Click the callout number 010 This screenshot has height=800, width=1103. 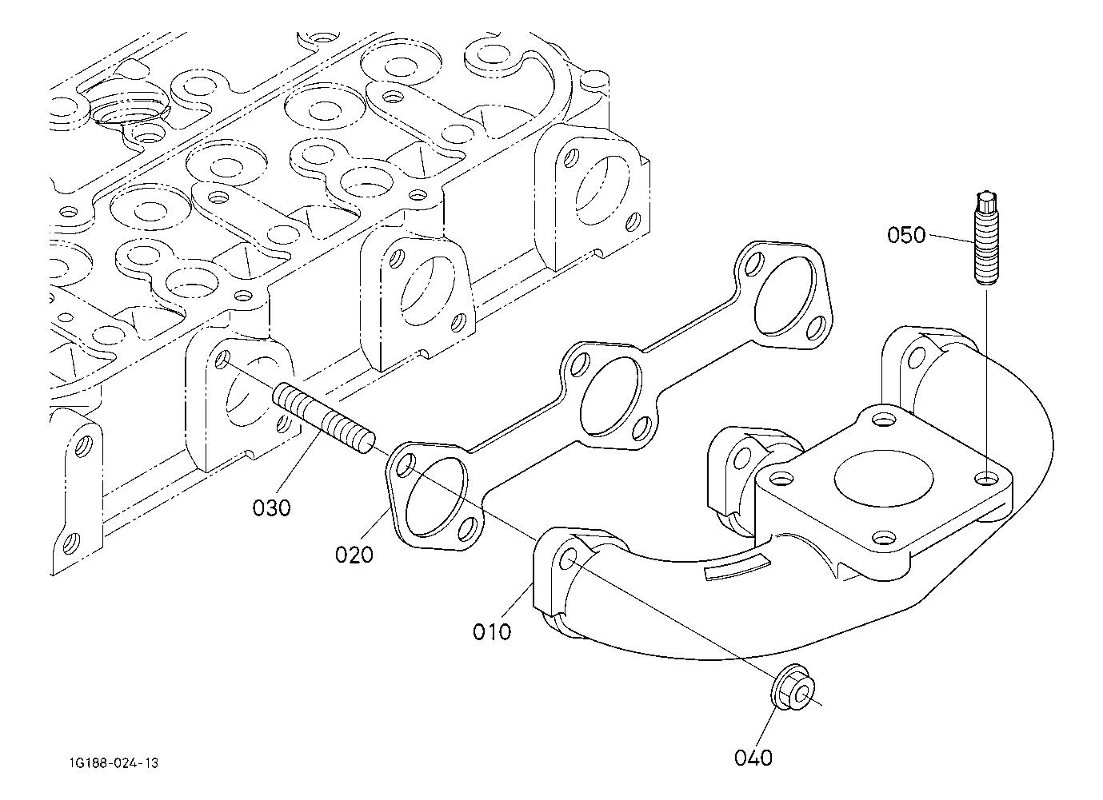(491, 631)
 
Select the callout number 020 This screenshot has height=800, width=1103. (354, 555)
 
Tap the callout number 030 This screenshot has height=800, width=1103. (271, 507)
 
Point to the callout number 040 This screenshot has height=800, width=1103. (753, 758)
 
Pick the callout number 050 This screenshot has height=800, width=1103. (906, 235)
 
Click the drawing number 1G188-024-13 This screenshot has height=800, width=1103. (114, 763)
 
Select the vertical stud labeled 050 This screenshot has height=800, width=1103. (986, 237)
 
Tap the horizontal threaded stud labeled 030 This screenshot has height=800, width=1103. (323, 418)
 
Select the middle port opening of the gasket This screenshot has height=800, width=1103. (611, 396)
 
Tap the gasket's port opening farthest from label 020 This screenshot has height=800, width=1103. (785, 295)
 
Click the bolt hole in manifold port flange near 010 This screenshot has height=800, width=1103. (569, 559)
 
